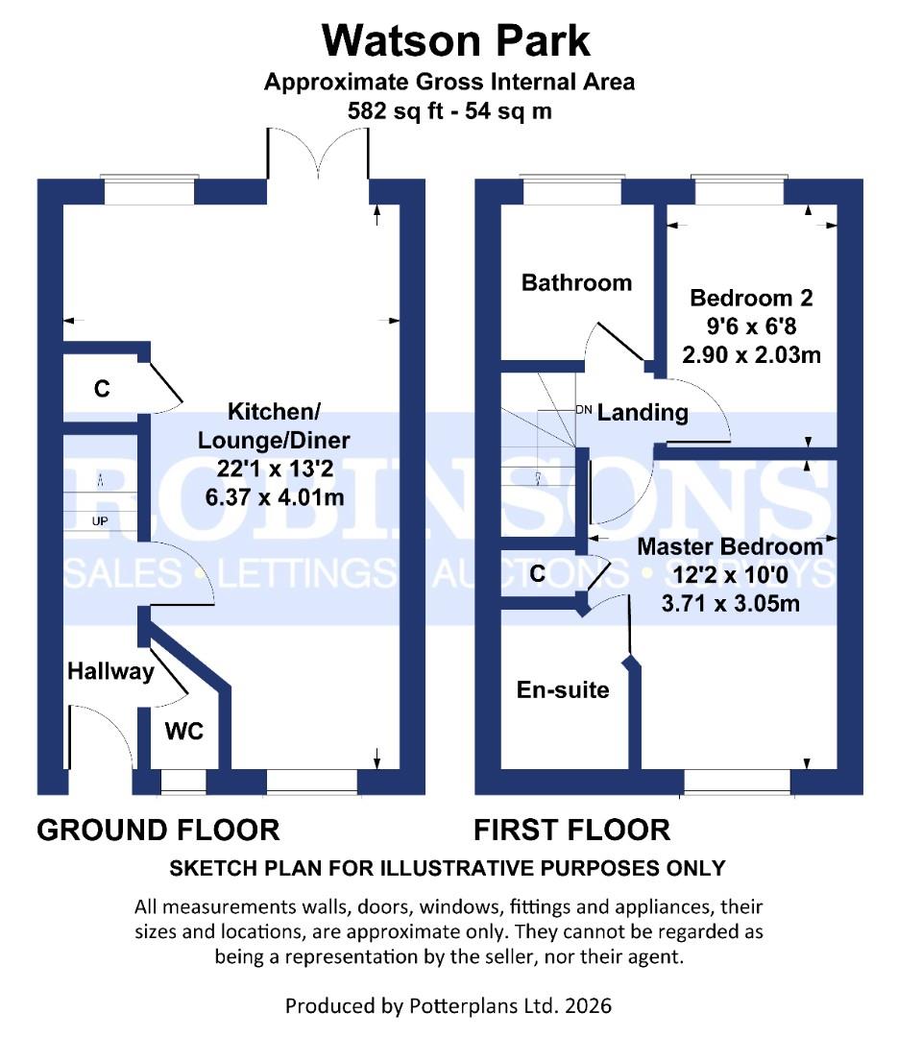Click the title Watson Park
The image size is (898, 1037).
click(x=455, y=41)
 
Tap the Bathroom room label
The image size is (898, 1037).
click(x=576, y=282)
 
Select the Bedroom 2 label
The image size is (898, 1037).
click(x=750, y=298)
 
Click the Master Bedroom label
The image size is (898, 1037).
click(x=730, y=546)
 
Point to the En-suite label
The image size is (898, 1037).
click(x=563, y=689)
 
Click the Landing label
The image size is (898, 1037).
click(x=643, y=413)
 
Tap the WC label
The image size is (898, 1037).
click(x=183, y=732)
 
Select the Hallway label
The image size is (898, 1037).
click(x=110, y=671)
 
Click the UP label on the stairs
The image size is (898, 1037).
click(x=100, y=521)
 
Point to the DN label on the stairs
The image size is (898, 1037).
click(x=583, y=409)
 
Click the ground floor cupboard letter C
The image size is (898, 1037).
click(x=101, y=389)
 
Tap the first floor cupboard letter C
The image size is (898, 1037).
click(x=538, y=573)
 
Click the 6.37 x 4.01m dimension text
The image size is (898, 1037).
click(x=274, y=497)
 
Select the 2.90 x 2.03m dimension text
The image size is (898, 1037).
click(x=750, y=355)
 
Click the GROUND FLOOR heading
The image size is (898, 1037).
click(x=158, y=829)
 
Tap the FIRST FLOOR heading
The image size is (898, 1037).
click(x=571, y=829)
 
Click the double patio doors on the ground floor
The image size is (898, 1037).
click(x=318, y=157)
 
